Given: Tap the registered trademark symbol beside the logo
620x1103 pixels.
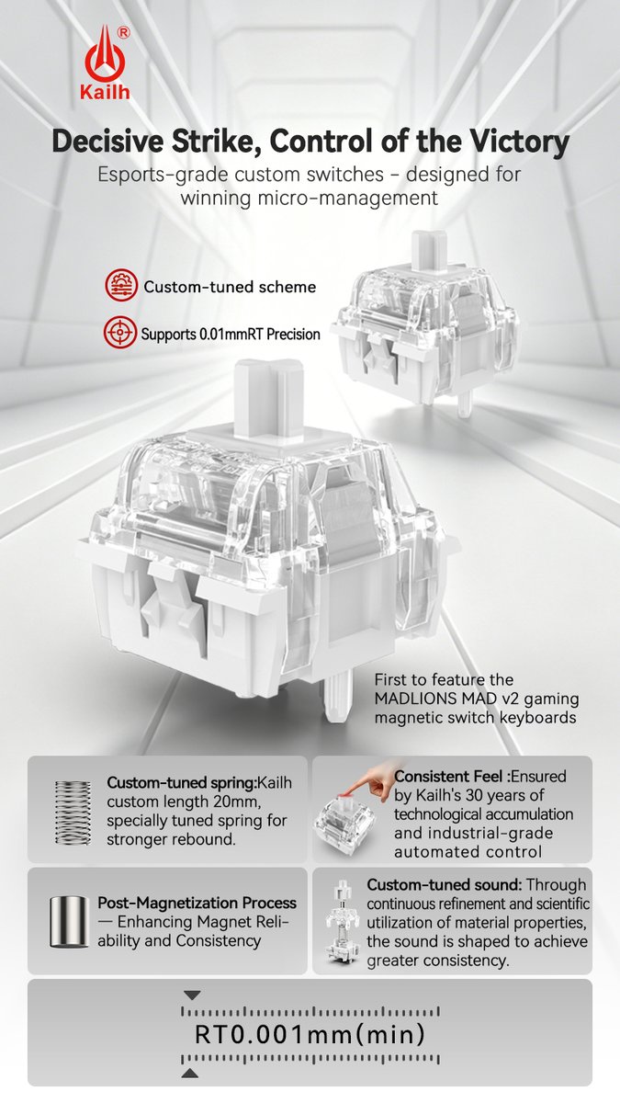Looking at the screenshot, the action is pyautogui.click(x=123, y=32).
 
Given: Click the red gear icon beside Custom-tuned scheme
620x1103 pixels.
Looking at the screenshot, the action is pyautogui.click(x=121, y=286).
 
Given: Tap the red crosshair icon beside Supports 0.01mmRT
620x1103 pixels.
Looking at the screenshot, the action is pyautogui.click(x=120, y=333).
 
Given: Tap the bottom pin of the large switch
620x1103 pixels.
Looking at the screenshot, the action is pyautogui.click(x=339, y=695).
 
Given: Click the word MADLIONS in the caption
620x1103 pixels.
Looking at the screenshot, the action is pyautogui.click(x=416, y=699).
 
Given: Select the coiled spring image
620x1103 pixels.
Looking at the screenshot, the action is pyautogui.click(x=73, y=813).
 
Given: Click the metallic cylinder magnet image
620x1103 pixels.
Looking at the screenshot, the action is pyautogui.click(x=70, y=922).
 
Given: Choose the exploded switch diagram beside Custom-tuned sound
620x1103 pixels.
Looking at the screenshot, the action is pyautogui.click(x=343, y=922).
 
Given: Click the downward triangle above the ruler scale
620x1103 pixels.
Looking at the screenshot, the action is pyautogui.click(x=192, y=995).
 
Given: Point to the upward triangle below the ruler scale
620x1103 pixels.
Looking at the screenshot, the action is pyautogui.click(x=190, y=1070).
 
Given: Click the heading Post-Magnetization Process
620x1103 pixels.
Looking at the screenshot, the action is pyautogui.click(x=197, y=903).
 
